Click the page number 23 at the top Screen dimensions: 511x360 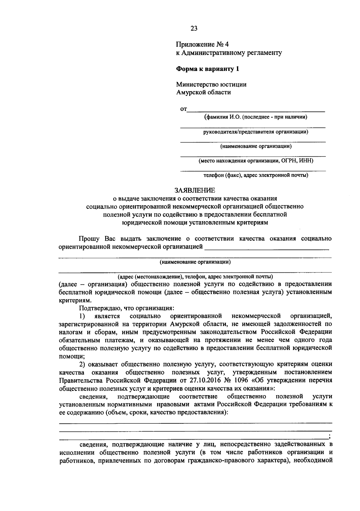coord(194,29)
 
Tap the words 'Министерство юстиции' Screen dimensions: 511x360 coord(211,84)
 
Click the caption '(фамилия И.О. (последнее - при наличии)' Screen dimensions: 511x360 coord(255,117)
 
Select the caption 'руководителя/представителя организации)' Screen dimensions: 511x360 coord(256,132)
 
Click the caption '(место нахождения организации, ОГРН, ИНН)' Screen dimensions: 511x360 coord(256,161)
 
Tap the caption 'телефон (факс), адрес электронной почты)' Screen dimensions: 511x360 coord(256,175)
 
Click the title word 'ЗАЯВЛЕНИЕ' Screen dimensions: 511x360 coord(195,190)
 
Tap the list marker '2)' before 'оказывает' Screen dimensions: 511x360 coord(82,364)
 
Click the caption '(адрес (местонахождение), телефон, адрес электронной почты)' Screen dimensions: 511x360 coord(195,276)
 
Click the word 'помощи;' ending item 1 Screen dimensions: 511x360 coord(72,356)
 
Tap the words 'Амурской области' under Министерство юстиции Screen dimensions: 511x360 coord(203,92)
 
